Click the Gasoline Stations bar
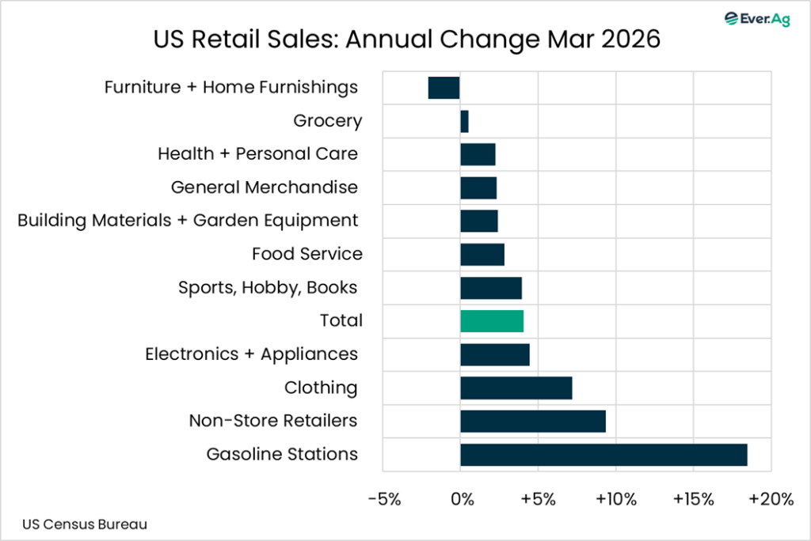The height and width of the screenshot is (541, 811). pos(603,455)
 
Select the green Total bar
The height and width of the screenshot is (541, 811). pos(492,320)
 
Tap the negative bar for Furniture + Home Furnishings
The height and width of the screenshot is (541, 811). pos(444,88)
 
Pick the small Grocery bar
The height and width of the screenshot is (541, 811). pos(464,121)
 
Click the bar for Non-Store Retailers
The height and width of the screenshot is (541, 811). pos(533,421)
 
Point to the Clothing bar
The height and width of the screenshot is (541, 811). pos(516,388)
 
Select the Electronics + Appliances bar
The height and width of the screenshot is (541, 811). pos(495,354)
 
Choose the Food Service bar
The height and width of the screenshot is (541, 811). pos(482,254)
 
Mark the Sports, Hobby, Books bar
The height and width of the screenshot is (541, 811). pos(491,288)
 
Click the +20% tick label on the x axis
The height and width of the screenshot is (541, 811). pos(771,499)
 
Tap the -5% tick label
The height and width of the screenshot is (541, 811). pos(384,499)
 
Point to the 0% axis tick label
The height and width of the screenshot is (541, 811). pos(462,499)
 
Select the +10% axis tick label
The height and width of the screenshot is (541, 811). pos(615,499)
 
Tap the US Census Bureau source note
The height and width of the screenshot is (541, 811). pos(85,524)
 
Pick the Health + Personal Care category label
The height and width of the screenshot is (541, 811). pos(257,153)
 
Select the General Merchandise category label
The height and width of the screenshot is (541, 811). pos(264,187)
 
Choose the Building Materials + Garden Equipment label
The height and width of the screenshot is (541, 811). pos(188,220)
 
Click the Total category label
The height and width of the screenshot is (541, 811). pos(341,320)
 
